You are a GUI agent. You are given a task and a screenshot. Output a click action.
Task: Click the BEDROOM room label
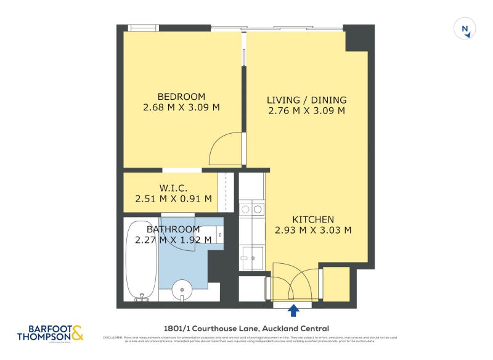point(181,97)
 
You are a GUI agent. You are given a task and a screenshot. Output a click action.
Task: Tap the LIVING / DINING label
point(306,100)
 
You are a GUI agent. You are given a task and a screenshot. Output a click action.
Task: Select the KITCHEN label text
point(312,219)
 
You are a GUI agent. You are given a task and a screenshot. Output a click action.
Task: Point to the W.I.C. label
point(173,187)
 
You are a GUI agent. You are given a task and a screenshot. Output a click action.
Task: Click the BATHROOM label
point(173,229)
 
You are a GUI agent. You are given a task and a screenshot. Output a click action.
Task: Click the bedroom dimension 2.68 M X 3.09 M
point(181,108)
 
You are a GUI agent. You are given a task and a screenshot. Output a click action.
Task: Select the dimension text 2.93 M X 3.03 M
point(312,231)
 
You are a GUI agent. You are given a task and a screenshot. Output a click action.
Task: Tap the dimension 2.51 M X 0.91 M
point(173,198)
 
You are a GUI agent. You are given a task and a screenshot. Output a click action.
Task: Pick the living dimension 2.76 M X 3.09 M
point(306,111)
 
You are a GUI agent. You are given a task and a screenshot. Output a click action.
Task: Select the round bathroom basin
point(183,289)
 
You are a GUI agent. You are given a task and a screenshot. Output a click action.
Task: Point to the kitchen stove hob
point(251,209)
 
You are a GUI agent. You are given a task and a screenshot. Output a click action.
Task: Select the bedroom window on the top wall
point(143,28)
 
